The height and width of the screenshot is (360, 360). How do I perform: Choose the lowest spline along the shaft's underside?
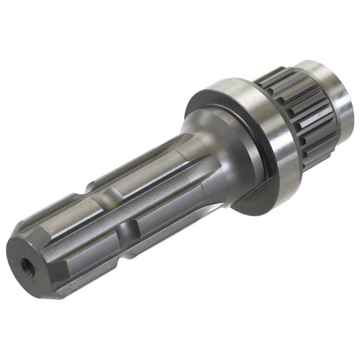[x=103, y=273]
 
